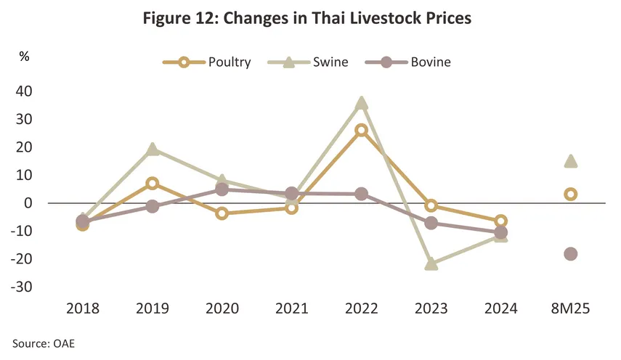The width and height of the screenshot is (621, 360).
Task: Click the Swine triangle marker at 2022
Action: tap(361, 103)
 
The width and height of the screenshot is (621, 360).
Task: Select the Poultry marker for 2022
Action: tap(361, 131)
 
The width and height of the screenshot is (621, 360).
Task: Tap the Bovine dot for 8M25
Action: tap(571, 254)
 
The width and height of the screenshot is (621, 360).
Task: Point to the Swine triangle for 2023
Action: tap(431, 263)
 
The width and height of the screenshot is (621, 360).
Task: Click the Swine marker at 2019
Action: tap(153, 149)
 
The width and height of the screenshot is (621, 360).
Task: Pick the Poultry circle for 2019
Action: tap(153, 184)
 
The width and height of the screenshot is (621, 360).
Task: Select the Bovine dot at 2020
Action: tap(222, 189)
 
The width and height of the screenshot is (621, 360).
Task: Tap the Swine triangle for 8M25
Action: tap(571, 160)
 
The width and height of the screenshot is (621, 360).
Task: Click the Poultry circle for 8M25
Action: tap(571, 195)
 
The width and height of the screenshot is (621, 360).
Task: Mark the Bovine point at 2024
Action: tap(501, 232)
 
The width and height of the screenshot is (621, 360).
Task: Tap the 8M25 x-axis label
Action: tap(570, 308)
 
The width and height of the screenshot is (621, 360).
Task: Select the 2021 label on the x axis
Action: tap(291, 308)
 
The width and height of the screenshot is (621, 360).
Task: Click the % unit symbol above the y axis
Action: tap(24, 57)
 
